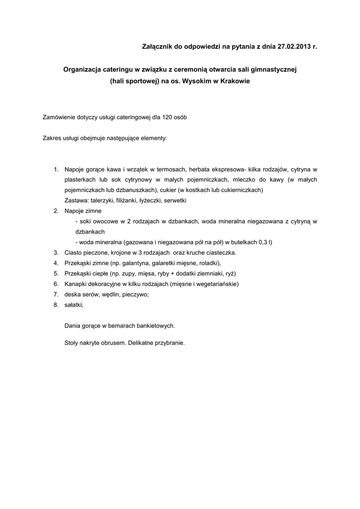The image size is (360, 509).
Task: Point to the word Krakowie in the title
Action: point(234,82)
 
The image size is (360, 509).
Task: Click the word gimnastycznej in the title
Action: point(273,70)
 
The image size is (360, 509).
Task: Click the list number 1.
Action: point(56,169)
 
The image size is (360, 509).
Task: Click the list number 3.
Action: point(56,253)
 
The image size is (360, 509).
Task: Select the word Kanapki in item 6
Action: point(76,284)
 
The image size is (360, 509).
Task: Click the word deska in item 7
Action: point(73,294)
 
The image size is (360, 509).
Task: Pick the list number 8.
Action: point(56,305)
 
